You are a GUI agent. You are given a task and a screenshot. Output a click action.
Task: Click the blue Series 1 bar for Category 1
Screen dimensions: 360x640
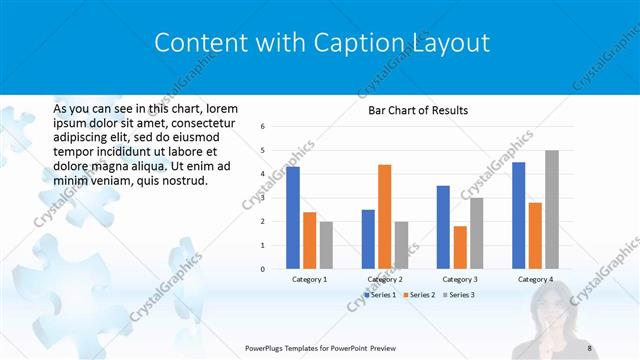[293, 217]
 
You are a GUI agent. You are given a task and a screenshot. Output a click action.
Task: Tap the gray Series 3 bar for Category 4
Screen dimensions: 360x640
[552, 209]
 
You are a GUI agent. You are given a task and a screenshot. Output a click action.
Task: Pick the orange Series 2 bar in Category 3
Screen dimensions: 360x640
[460, 247]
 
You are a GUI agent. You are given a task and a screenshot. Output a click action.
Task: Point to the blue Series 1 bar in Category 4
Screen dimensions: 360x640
[519, 215]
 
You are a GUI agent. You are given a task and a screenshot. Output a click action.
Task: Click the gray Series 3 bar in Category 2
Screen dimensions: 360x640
[401, 245]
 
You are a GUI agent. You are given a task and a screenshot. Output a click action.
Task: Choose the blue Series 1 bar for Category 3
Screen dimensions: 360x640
[443, 227]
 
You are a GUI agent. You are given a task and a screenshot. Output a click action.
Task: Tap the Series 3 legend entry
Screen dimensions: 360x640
[460, 295]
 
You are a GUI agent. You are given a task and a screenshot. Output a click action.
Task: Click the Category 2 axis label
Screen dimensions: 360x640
[385, 279]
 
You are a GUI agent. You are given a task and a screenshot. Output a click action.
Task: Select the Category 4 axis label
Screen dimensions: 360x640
[536, 279]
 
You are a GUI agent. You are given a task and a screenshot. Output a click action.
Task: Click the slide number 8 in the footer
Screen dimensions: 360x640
[590, 347]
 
